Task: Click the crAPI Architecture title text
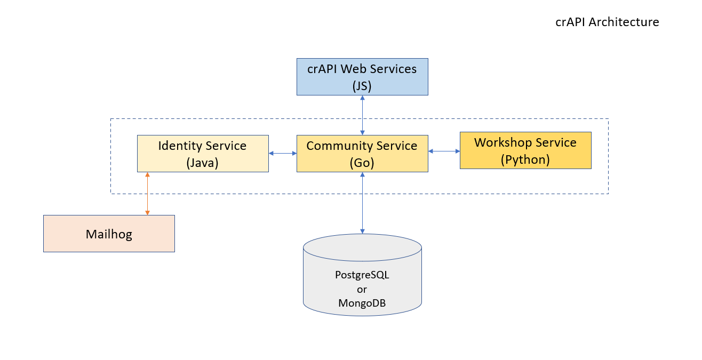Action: (x=607, y=22)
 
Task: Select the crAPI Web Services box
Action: (x=362, y=77)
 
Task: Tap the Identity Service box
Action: (x=203, y=154)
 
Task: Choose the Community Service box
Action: (x=362, y=154)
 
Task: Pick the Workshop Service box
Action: (x=525, y=150)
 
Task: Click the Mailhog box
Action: (x=109, y=234)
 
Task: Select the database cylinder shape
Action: (x=362, y=275)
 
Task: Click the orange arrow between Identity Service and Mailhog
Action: (x=147, y=194)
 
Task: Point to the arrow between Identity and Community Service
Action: (x=283, y=153)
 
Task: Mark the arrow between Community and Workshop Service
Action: (x=444, y=151)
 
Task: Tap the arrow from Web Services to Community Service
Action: (x=362, y=115)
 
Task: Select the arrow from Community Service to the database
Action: (x=362, y=203)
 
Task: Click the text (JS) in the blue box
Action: (x=362, y=86)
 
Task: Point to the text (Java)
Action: (x=203, y=163)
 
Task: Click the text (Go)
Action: (x=362, y=163)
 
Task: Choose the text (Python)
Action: (x=525, y=160)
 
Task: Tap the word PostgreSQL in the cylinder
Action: (x=362, y=275)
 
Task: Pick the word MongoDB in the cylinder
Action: (x=362, y=303)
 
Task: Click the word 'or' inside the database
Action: (x=362, y=289)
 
